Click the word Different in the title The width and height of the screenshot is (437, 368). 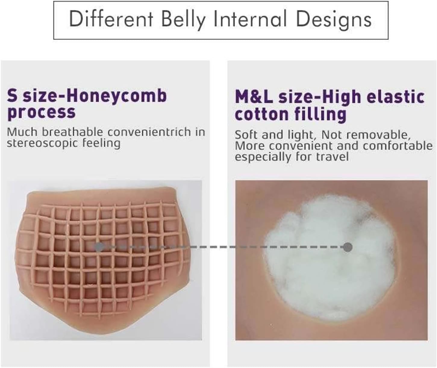coord(111,19)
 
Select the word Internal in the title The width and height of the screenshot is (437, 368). coord(250,19)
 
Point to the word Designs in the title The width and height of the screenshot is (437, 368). coord(334,20)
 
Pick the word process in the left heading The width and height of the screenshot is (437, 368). coord(41,112)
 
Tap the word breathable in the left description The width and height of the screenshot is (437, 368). coord(72,132)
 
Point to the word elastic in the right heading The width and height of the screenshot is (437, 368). coord(395,96)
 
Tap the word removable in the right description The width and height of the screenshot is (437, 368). coord(378,135)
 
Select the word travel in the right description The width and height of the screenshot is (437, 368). coord(332,157)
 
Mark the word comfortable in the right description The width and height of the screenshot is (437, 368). coord(398,146)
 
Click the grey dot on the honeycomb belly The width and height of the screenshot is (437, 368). coord(99,247)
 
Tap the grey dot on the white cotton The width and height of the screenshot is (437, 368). coord(348,247)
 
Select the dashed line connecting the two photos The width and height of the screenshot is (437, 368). coord(223,247)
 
